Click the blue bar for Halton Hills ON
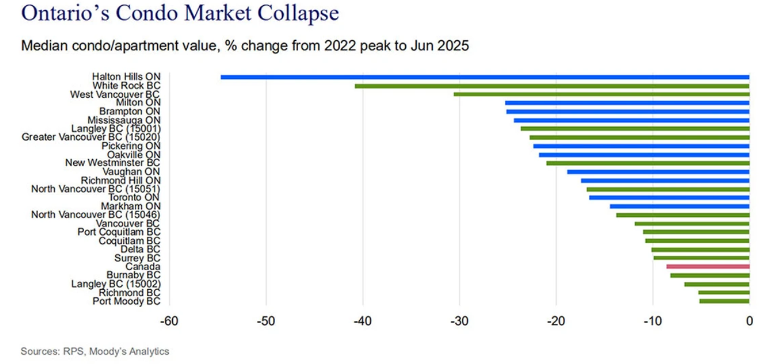(485, 77)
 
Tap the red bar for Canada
(708, 266)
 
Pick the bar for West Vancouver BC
(601, 94)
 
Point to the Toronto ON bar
(669, 198)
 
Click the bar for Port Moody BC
(724, 301)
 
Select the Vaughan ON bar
(658, 172)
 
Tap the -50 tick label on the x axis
(266, 321)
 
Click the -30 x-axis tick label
(459, 321)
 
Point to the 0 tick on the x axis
(749, 321)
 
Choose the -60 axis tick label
(169, 321)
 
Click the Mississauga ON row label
(124, 120)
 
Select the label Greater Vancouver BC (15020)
(91, 137)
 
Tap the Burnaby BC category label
(133, 275)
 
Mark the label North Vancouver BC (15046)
(96, 215)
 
